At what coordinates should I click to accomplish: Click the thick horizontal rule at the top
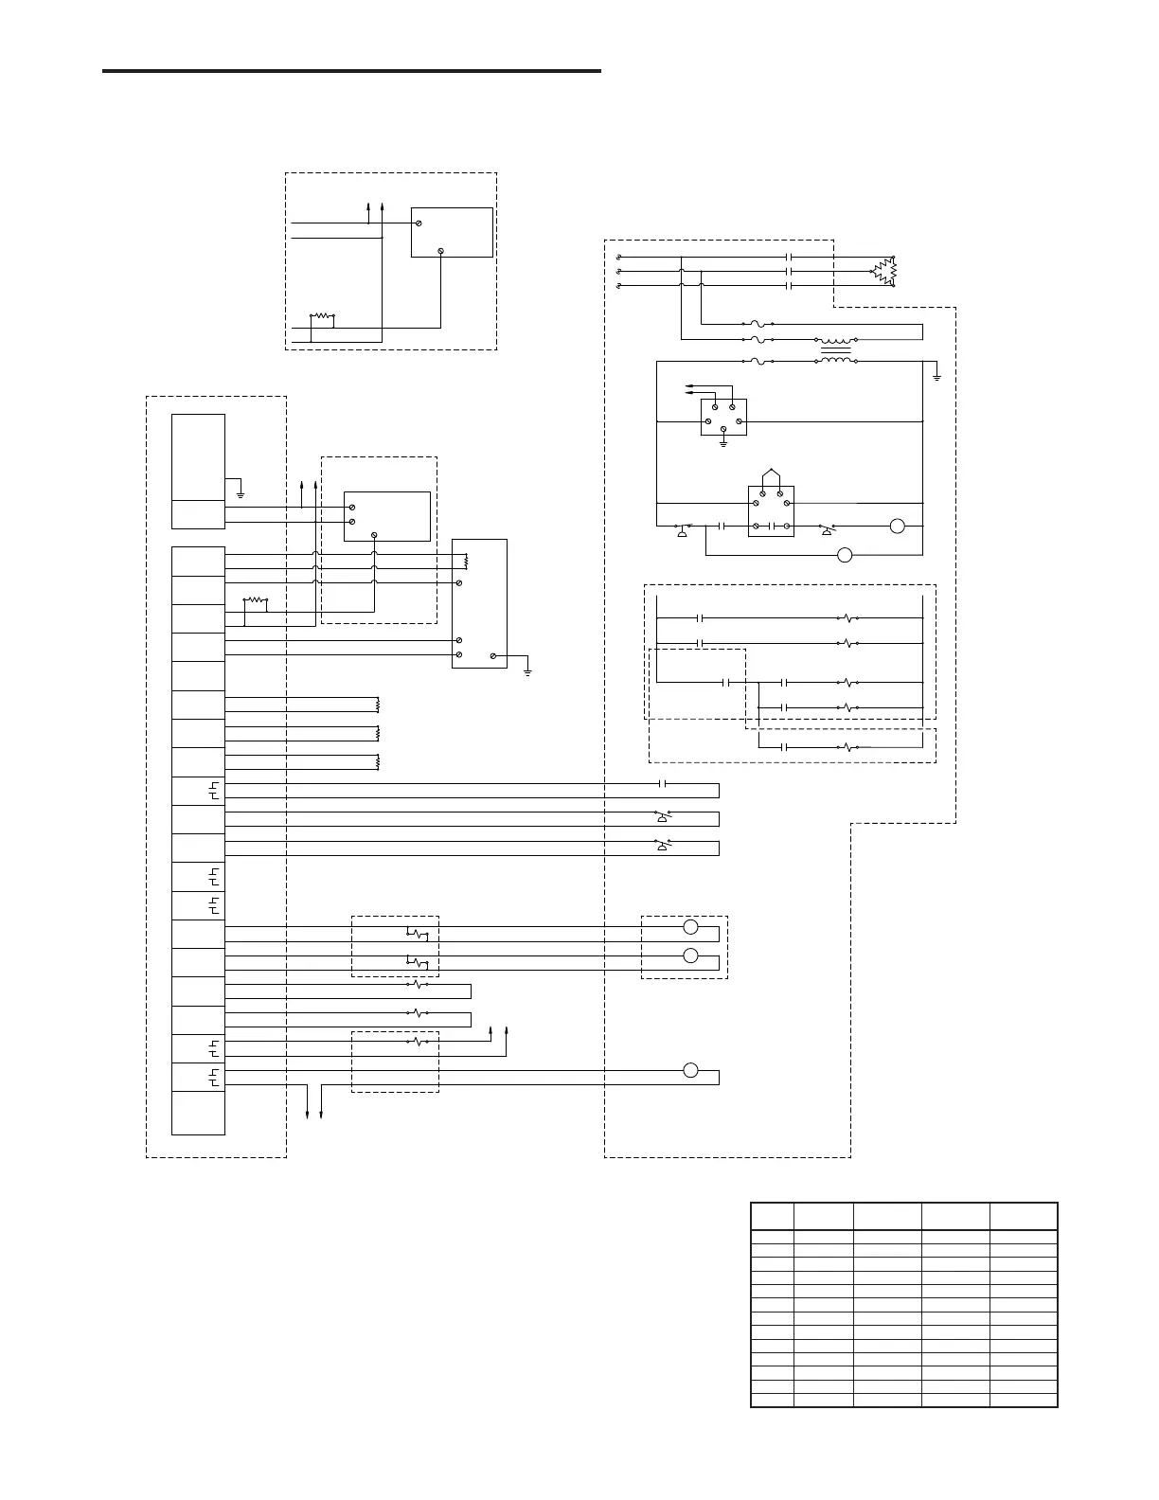click(351, 71)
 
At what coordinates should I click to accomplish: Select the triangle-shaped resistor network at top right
click(885, 272)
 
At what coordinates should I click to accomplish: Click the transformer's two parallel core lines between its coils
click(834, 350)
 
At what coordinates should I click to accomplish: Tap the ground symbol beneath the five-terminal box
click(722, 442)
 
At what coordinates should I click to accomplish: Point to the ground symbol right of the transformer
click(936, 377)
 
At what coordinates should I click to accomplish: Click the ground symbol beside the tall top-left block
click(241, 493)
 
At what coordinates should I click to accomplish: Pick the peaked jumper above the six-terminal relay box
click(771, 473)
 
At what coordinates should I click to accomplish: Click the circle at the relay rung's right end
click(897, 526)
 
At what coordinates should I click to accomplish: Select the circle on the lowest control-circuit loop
click(846, 555)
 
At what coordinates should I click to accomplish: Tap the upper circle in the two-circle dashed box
click(690, 927)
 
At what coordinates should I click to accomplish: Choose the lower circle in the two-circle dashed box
click(690, 955)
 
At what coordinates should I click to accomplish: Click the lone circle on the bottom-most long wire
click(690, 1070)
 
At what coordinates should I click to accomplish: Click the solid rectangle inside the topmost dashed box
click(452, 232)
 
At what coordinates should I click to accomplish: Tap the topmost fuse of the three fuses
click(758, 324)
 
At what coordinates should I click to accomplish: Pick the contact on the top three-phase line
click(789, 257)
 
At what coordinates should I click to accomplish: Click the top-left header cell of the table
click(772, 1216)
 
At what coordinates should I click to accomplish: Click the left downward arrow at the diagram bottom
click(308, 1116)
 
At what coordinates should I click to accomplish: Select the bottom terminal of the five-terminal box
click(722, 428)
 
